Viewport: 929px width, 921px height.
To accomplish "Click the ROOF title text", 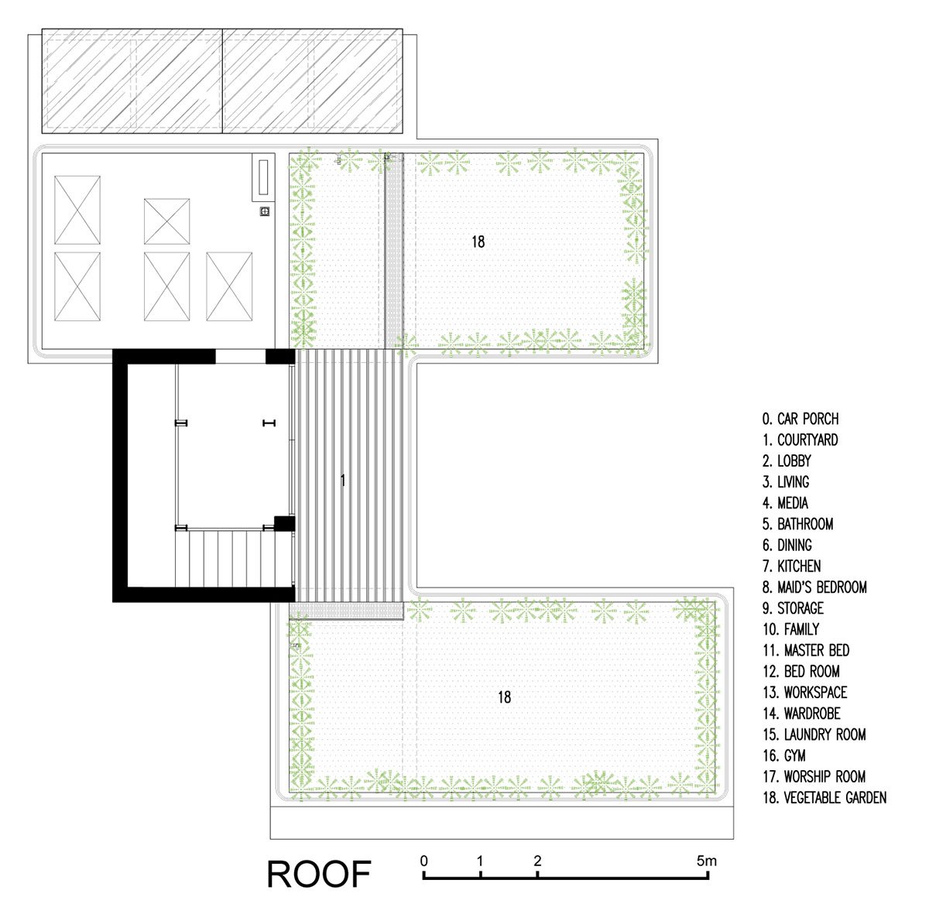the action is coord(319,875).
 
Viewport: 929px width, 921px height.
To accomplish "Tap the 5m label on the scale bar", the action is coord(706,861).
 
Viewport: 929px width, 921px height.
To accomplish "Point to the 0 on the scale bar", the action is coord(423,861).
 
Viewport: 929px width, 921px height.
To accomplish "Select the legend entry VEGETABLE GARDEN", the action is coord(824,798).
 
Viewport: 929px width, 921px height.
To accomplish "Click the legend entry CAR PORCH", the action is coord(800,419).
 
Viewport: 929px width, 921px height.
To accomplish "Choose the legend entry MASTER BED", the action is coord(806,650).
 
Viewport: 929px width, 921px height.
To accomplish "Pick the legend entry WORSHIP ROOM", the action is coord(814,776).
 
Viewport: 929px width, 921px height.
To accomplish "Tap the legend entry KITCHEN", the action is coord(792,566).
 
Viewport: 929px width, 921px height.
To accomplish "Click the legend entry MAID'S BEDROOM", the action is coord(814,587).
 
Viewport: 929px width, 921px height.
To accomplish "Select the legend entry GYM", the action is coord(784,755).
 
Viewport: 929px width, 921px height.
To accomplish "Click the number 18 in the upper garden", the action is coord(478,241).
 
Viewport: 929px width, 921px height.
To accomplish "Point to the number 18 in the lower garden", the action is coord(504,697).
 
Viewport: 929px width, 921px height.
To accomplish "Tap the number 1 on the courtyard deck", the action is coord(343,481).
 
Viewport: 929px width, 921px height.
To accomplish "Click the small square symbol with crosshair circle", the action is coord(265,211).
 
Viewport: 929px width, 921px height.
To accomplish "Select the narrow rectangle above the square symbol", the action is coord(263,176).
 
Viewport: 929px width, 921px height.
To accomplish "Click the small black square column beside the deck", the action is coord(284,522).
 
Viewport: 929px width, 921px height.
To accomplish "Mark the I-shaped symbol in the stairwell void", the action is coord(269,423).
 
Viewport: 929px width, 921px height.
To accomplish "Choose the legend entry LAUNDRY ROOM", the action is coord(814,734).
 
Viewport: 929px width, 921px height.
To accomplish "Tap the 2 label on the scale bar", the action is coord(537,861).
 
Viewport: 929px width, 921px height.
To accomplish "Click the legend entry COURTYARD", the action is coord(800,440).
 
